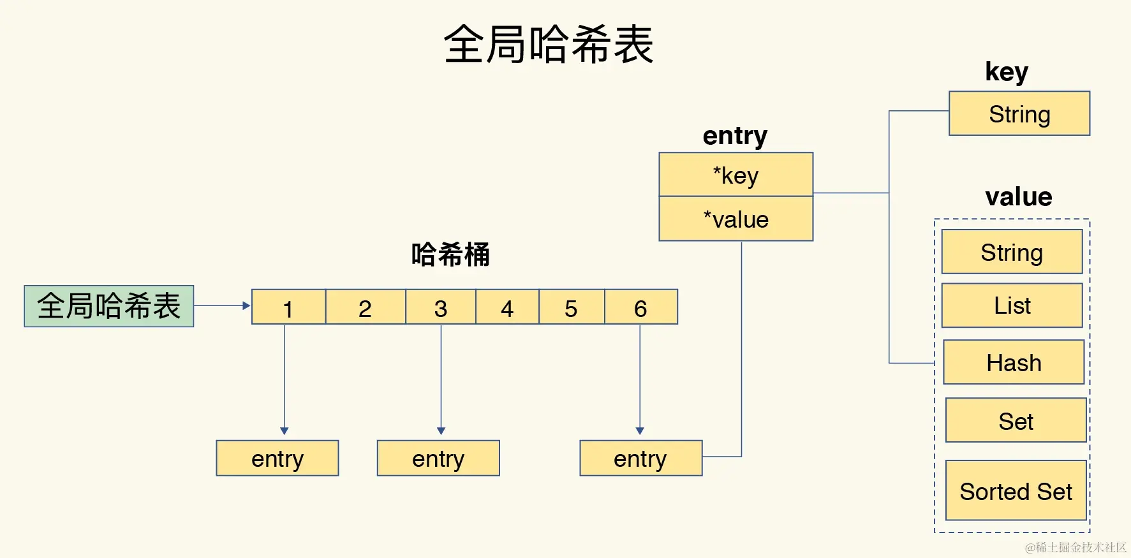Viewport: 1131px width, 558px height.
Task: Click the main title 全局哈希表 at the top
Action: tap(549, 45)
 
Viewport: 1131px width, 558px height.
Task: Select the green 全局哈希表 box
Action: tap(109, 306)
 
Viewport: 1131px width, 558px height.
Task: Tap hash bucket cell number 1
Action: tap(288, 307)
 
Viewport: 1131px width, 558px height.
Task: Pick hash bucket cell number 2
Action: tap(365, 307)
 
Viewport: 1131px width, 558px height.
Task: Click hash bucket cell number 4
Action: tap(507, 307)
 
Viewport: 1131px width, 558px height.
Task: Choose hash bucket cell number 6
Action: tap(640, 307)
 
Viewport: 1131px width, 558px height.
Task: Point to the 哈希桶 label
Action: tap(450, 254)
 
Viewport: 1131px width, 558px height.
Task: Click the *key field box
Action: tap(736, 175)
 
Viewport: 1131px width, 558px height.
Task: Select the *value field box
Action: tap(736, 219)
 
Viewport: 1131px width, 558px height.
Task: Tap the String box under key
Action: tap(1019, 114)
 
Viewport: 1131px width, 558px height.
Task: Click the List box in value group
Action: tap(1012, 305)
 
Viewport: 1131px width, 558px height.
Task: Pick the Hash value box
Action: tap(1014, 362)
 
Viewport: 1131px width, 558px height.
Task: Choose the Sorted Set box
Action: tap(1016, 491)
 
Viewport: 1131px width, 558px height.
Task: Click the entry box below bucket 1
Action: tap(277, 458)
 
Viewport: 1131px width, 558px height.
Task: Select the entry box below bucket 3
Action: tap(438, 458)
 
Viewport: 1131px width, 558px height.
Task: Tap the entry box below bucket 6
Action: tap(640, 458)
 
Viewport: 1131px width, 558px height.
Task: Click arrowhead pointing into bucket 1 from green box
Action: tap(246, 305)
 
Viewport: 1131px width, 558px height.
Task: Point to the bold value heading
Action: tap(1018, 196)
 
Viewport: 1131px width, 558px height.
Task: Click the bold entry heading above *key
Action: tap(735, 136)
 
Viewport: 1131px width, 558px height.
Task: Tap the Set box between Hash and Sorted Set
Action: tap(1016, 421)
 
